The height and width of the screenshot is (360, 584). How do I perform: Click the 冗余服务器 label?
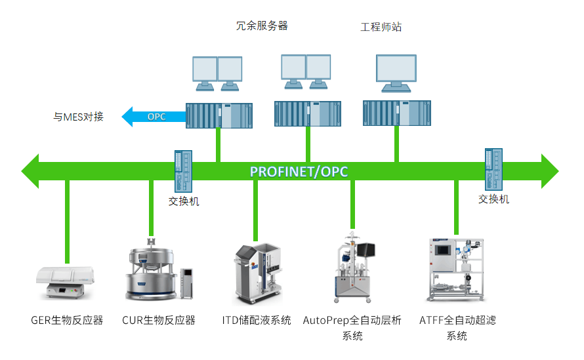tap(262, 26)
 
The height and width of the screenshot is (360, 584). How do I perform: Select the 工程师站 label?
tap(381, 27)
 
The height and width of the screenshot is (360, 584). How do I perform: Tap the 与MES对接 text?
tap(78, 117)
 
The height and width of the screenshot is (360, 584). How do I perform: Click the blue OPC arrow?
tap(154, 117)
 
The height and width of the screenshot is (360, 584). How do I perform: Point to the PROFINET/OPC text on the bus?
tap(299, 172)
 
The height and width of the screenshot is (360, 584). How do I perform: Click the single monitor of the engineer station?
tap(396, 73)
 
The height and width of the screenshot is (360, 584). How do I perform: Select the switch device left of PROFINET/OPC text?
tap(183, 171)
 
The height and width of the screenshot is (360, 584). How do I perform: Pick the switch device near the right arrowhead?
tap(493, 169)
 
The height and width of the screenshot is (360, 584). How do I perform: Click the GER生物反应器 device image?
tap(65, 283)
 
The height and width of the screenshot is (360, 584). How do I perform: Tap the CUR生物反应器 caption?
tap(159, 320)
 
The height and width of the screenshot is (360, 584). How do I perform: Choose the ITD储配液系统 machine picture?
tap(257, 274)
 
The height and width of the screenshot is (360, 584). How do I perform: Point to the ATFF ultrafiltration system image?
tap(456, 270)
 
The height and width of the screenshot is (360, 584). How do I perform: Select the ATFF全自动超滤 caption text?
tap(457, 320)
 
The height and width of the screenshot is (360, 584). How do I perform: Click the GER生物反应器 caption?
tap(67, 320)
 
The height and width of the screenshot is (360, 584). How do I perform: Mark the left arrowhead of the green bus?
tap(30, 171)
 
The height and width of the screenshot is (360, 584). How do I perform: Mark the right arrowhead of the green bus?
tap(550, 171)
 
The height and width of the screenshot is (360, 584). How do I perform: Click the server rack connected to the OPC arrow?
tap(219, 116)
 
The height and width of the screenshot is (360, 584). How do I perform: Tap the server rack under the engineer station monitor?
tap(397, 113)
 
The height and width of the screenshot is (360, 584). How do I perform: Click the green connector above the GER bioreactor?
tap(67, 222)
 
